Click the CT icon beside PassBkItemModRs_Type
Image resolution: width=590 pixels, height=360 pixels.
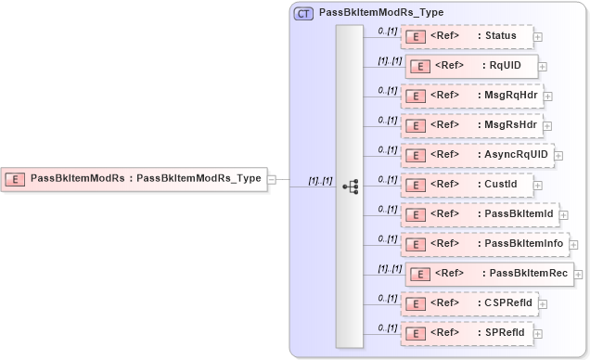pyautogui.click(x=304, y=14)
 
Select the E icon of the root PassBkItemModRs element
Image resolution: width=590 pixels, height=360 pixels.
pyautogui.click(x=16, y=178)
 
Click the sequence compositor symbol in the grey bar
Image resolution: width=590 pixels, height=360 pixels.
pyautogui.click(x=350, y=186)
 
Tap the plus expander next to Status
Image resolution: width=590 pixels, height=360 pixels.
pyautogui.click(x=538, y=37)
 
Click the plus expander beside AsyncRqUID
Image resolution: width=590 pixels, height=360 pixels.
pyautogui.click(x=558, y=155)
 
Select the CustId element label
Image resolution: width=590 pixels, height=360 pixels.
pyautogui.click(x=501, y=185)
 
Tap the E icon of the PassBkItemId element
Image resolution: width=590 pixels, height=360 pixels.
pyautogui.click(x=417, y=214)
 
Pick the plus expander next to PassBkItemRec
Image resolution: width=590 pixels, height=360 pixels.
pyautogui.click(x=579, y=274)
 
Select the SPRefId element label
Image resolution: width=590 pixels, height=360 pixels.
pyautogui.click(x=506, y=332)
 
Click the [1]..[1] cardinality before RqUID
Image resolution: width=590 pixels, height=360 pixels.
pyautogui.click(x=388, y=60)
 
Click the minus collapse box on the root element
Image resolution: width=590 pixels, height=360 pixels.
pyautogui.click(x=272, y=179)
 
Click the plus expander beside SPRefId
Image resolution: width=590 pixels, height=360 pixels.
pyautogui.click(x=538, y=333)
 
